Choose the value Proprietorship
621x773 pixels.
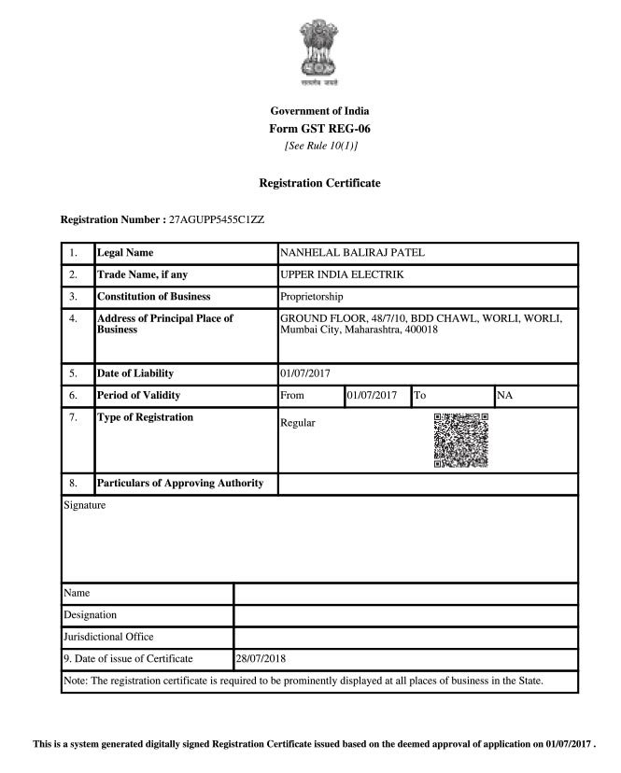coord(312,297)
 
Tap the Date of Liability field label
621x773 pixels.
coord(135,373)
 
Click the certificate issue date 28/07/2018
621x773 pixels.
coord(261,659)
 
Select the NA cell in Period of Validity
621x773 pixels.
coord(505,396)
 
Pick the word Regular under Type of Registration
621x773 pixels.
coord(298,423)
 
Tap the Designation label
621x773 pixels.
coord(91,615)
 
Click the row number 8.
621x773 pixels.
coord(73,484)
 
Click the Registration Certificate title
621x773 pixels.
coord(319,183)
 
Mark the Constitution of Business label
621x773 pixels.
coord(154,297)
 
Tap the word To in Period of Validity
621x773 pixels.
coord(419,396)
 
